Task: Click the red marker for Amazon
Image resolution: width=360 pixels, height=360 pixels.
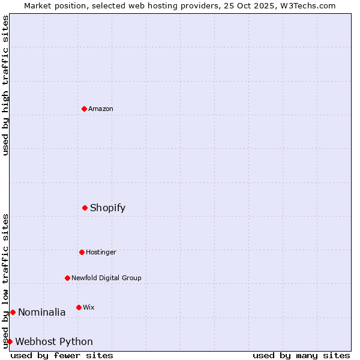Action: coord(84,109)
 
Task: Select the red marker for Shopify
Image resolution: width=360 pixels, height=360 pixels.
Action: coord(85,208)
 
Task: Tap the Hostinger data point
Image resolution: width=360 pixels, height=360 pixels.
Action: coord(82,252)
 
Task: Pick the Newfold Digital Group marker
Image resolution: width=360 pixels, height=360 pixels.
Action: coord(67,278)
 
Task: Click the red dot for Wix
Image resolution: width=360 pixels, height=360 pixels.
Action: coord(79,307)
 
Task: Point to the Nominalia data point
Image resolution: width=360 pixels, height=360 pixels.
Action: coord(13,312)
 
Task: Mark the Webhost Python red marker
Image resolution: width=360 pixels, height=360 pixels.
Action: coord(10,341)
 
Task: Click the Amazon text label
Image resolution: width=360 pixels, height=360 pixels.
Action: coord(101,109)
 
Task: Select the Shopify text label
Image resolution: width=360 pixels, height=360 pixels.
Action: coord(108,208)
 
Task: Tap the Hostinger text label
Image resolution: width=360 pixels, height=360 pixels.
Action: coord(101,252)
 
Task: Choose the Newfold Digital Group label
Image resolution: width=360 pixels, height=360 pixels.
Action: coord(106,278)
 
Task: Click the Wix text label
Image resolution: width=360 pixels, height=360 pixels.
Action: coord(89,307)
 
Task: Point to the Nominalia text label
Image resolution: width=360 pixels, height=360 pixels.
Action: coord(42,312)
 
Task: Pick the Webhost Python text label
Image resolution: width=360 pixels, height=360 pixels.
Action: coord(54,341)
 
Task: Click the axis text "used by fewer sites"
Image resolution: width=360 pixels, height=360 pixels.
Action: coord(62,355)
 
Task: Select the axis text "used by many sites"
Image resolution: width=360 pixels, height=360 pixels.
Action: coord(301,355)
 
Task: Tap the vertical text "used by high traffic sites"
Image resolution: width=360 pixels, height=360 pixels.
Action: coord(5,85)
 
